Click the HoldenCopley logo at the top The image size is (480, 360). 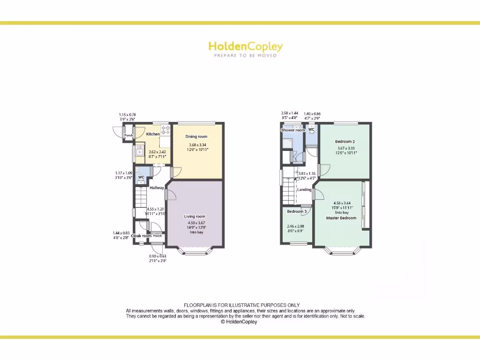(x=245, y=46)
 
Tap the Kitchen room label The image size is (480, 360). (x=153, y=135)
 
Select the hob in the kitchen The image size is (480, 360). (x=165, y=130)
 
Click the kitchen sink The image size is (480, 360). (x=140, y=151)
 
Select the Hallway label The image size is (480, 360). (x=157, y=188)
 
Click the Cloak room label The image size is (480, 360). (x=141, y=236)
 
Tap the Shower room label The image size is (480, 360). (x=293, y=130)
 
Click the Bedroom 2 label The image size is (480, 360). (x=345, y=141)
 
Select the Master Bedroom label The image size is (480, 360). (x=341, y=218)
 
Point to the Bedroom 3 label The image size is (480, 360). (x=297, y=211)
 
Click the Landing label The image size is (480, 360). (x=304, y=190)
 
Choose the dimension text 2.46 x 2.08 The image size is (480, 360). (x=295, y=226)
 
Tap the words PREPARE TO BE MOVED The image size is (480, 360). (x=245, y=56)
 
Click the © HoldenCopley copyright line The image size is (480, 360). (x=239, y=322)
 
